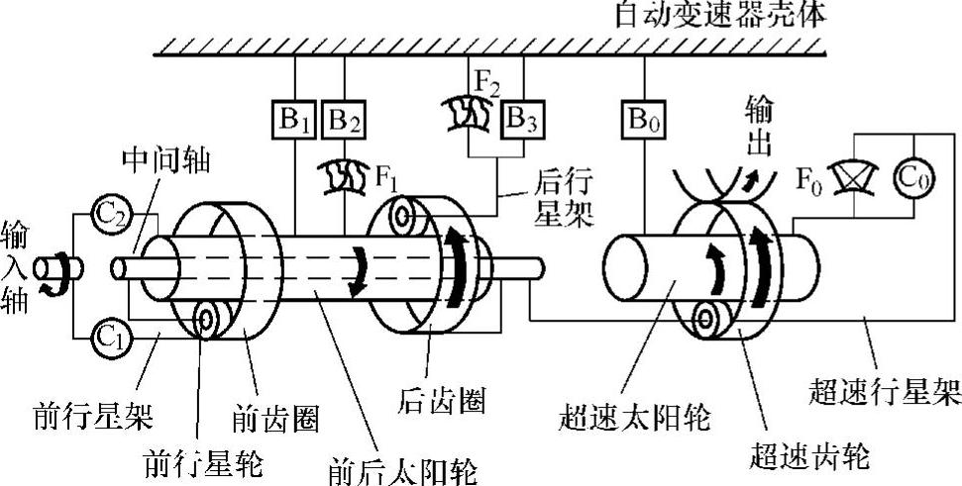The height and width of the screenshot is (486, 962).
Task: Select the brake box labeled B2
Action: (x=345, y=122)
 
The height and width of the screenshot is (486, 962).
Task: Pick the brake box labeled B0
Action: (x=644, y=122)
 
